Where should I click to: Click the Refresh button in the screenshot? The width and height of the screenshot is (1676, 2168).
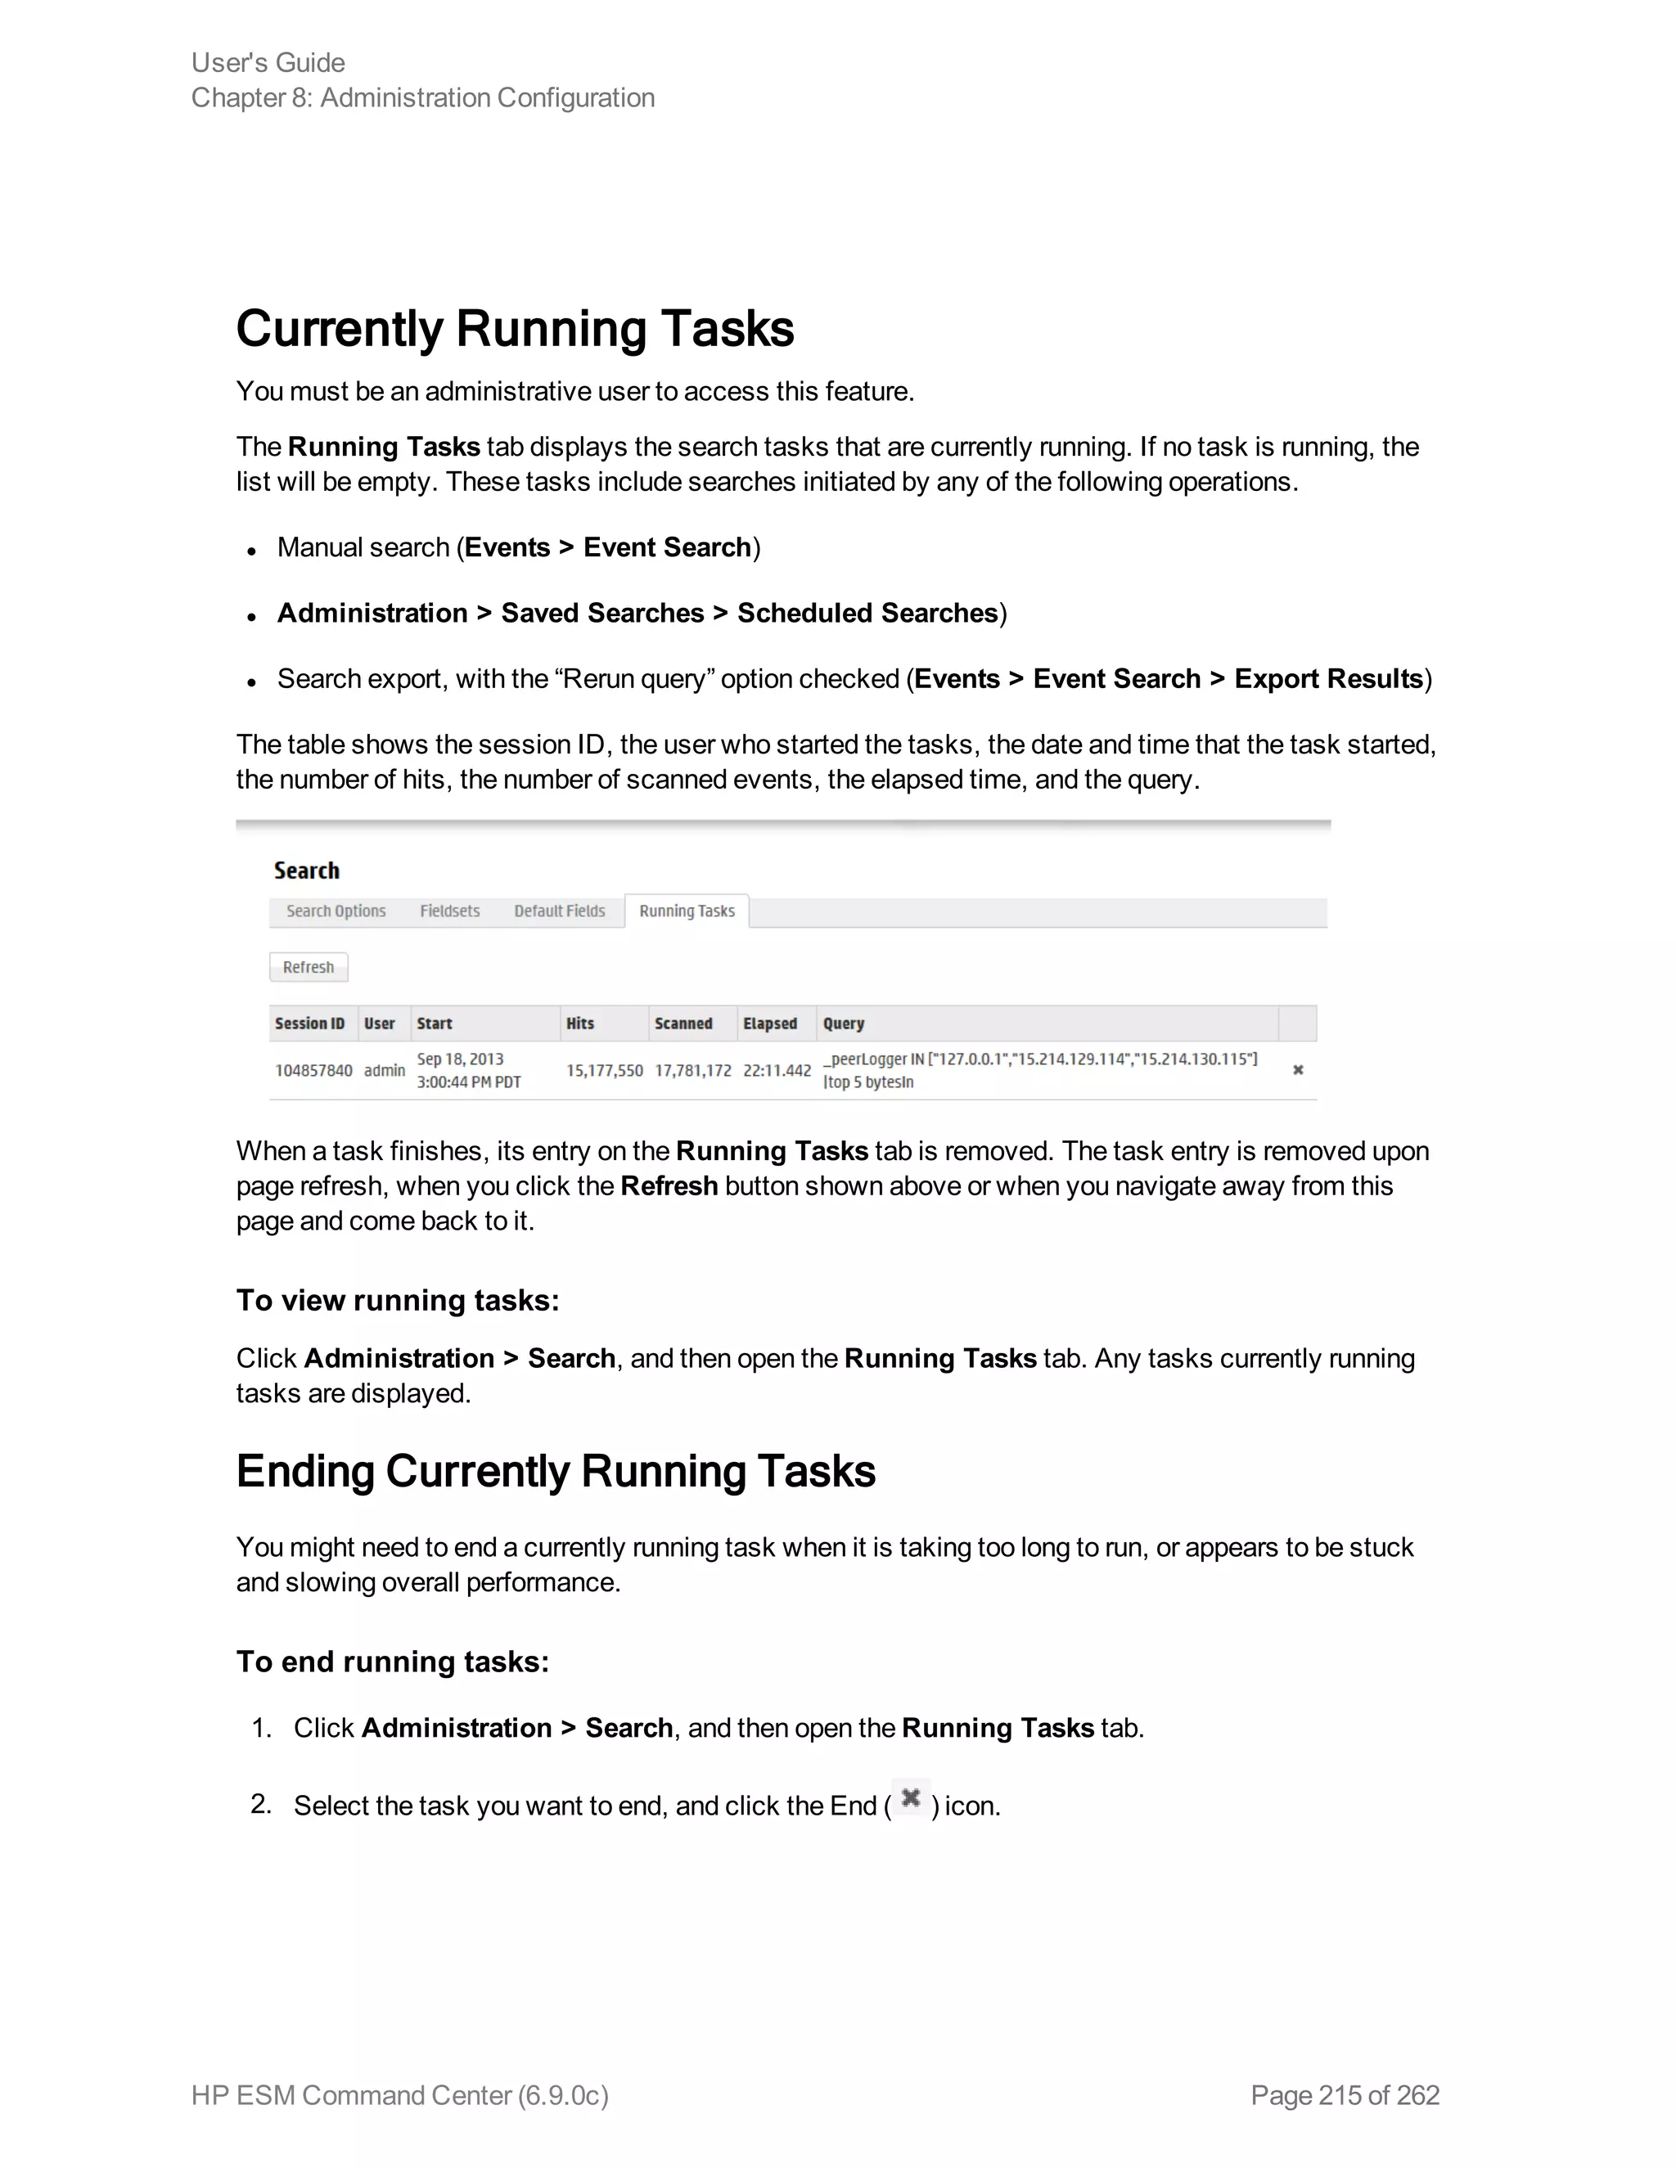pyautogui.click(x=309, y=967)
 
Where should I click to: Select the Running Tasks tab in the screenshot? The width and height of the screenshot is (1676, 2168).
pyautogui.click(x=687, y=911)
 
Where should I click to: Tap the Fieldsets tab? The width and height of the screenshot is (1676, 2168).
pyautogui.click(x=450, y=911)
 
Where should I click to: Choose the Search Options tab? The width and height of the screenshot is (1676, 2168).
pyautogui.click(x=336, y=911)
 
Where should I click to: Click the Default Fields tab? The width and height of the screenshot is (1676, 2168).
pyautogui.click(x=559, y=911)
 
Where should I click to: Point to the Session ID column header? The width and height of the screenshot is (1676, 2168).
pyautogui.click(x=310, y=1023)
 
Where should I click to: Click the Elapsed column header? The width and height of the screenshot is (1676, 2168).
pyautogui.click(x=770, y=1023)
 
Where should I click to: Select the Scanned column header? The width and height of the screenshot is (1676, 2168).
pyautogui.click(x=683, y=1023)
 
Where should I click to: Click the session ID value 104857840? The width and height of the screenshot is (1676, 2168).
pyautogui.click(x=313, y=1070)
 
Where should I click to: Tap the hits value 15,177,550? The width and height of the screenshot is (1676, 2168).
pyautogui.click(x=605, y=1070)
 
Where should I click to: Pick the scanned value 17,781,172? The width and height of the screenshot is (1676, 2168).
pyautogui.click(x=693, y=1070)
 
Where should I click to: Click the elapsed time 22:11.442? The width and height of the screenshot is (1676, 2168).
pyautogui.click(x=777, y=1070)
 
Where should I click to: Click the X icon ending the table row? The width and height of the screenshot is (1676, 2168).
pyautogui.click(x=1298, y=1070)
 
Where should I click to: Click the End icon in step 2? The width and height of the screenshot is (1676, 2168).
pyautogui.click(x=911, y=1797)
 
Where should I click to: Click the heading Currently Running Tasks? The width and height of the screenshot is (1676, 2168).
pyautogui.click(x=516, y=330)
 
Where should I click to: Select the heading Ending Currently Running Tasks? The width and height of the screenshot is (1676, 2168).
pyautogui.click(x=556, y=1472)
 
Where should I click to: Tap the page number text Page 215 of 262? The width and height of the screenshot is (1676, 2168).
pyautogui.click(x=1345, y=2095)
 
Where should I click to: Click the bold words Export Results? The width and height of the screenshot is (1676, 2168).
pyautogui.click(x=1328, y=679)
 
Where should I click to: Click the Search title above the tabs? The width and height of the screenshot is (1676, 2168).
pyautogui.click(x=307, y=870)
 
